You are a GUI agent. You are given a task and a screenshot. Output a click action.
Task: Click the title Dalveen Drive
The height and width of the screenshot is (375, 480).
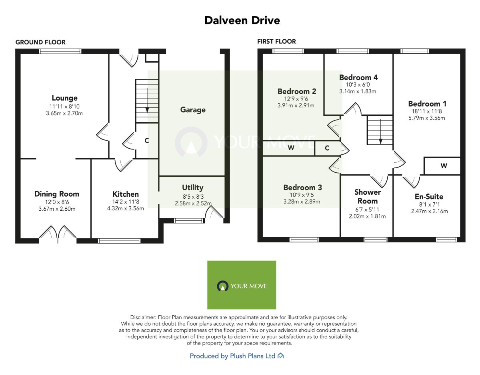tap(242, 20)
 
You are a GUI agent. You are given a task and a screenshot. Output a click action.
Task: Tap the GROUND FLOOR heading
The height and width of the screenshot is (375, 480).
tap(40, 42)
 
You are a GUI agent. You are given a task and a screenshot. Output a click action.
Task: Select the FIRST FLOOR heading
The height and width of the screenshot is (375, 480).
tap(276, 41)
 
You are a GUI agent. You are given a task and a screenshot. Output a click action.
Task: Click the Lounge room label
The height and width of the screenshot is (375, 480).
tap(64, 98)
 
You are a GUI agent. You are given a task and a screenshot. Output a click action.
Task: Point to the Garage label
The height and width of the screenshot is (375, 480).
tap(193, 110)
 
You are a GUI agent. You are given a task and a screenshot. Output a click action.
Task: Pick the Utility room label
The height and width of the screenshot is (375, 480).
tap(193, 187)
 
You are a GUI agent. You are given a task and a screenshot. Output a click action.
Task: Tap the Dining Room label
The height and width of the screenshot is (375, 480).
tap(56, 194)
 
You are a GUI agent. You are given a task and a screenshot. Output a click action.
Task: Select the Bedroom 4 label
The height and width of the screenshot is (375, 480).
tap(358, 77)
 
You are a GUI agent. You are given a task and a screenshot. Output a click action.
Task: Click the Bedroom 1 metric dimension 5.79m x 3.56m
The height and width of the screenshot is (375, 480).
tap(427, 118)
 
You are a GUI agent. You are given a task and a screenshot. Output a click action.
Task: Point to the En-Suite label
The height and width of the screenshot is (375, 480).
tap(429, 197)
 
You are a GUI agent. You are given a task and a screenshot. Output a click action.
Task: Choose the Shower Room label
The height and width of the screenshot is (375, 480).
tap(367, 197)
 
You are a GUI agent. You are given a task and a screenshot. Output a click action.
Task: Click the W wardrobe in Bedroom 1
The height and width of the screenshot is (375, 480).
tap(444, 166)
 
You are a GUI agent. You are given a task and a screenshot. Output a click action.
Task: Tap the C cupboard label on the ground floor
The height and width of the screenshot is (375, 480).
tap(147, 141)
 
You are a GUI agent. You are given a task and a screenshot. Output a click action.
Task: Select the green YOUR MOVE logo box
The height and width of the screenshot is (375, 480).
tap(242, 285)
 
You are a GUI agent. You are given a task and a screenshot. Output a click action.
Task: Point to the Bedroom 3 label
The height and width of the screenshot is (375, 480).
tap(302, 187)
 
